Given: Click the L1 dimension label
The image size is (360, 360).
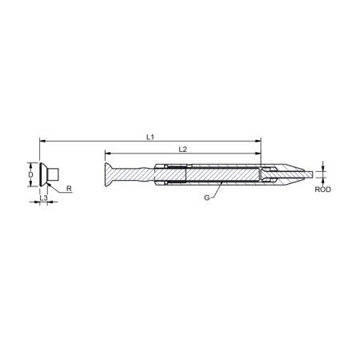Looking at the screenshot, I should (150, 138).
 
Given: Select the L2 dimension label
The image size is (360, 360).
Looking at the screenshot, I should (182, 150).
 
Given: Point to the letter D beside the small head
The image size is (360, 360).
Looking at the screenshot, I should (30, 173).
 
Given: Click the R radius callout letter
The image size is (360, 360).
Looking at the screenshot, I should (69, 190).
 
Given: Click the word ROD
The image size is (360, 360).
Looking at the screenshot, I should (322, 190).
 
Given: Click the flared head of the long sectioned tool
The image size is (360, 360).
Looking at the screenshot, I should (109, 174).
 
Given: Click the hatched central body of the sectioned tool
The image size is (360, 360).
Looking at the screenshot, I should (224, 174).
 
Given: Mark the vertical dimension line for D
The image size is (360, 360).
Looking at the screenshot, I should (38, 174).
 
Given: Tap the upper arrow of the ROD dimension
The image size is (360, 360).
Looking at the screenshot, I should (322, 166).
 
